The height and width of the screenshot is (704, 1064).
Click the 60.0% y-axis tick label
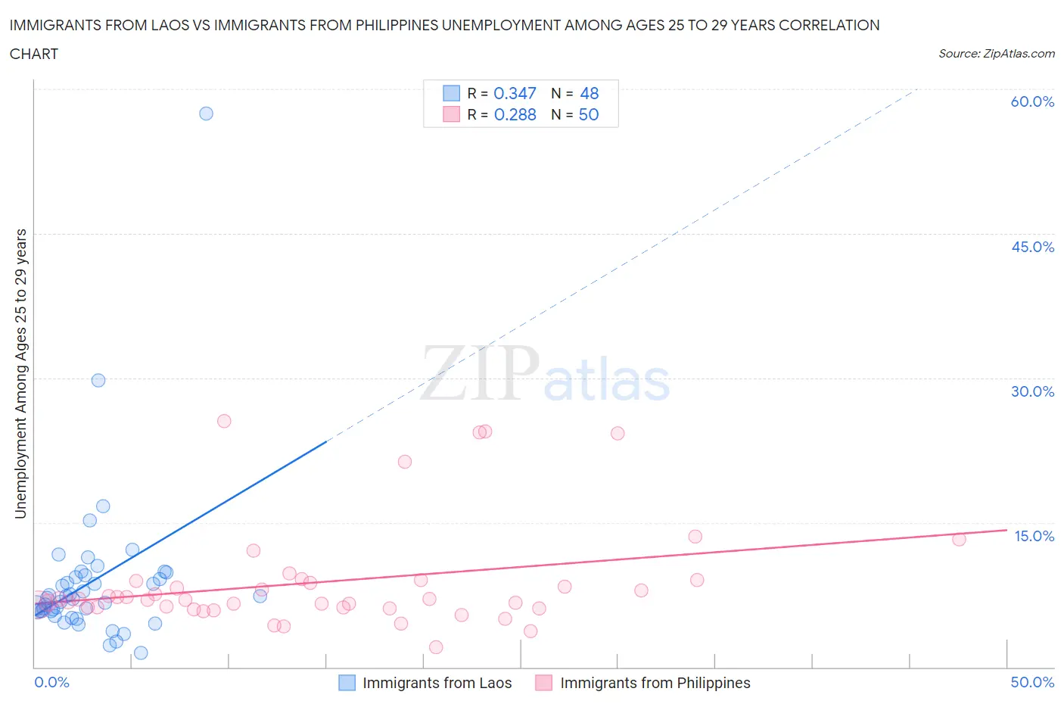pyautogui.click(x=1032, y=101)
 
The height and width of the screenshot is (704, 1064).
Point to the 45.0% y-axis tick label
pyautogui.click(x=1032, y=247)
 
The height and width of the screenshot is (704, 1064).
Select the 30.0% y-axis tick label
pyautogui.click(x=1032, y=391)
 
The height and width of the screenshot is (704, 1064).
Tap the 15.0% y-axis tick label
pyautogui.click(x=1034, y=536)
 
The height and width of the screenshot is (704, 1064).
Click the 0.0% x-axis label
pyautogui.click(x=51, y=682)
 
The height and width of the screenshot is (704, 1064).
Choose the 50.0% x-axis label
pyautogui.click(x=1032, y=682)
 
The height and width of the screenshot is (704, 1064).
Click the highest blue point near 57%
pyautogui.click(x=206, y=114)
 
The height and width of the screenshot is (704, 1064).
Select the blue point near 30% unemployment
pyautogui.click(x=98, y=381)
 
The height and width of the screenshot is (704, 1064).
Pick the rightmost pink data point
pyautogui.click(x=959, y=540)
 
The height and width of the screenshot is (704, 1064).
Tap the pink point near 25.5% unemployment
pyautogui.click(x=224, y=421)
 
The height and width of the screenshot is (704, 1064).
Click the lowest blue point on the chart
pyautogui.click(x=141, y=653)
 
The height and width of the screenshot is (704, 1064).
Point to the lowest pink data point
pyautogui.click(x=436, y=647)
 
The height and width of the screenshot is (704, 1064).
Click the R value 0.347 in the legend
pyautogui.click(x=515, y=93)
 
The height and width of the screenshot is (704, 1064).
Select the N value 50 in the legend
pyautogui.click(x=589, y=114)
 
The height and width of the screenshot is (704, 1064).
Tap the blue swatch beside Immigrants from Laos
pyautogui.click(x=347, y=683)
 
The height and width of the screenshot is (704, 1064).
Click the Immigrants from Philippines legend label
pyautogui.click(x=655, y=683)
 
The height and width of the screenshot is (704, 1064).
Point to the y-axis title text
pyautogui.click(x=20, y=374)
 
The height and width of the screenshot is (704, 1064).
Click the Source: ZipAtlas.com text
pyautogui.click(x=996, y=54)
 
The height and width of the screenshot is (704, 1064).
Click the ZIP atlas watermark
pyautogui.click(x=545, y=375)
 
